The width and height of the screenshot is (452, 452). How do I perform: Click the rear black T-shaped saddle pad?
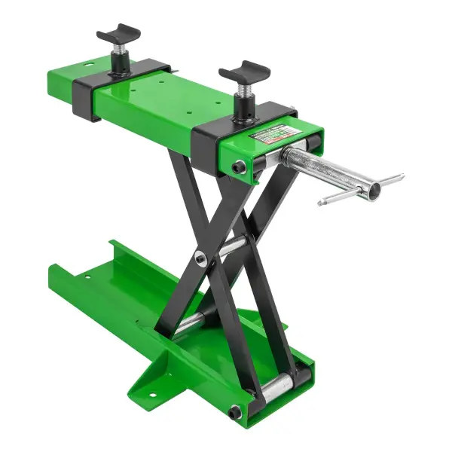click(x=118, y=34)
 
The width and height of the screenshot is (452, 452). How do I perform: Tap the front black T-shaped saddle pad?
click(x=244, y=74)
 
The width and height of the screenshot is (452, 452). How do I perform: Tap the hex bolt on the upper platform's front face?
click(x=239, y=166)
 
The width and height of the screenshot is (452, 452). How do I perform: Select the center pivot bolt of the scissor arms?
click(x=201, y=258)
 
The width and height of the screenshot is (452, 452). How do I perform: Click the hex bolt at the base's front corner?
click(x=236, y=411)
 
